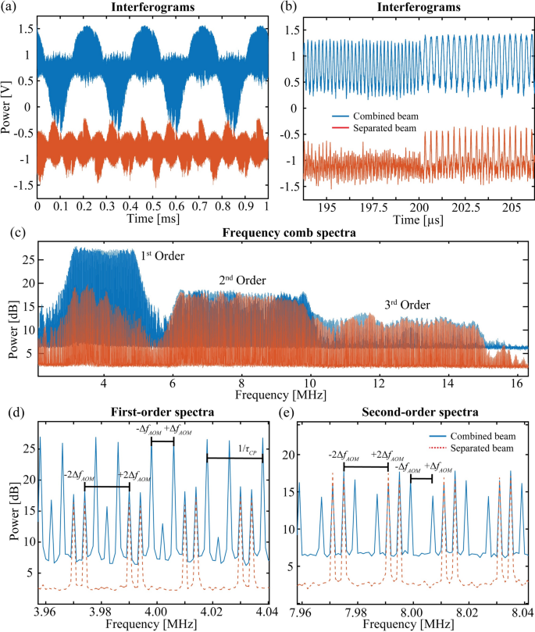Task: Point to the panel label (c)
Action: (10, 234)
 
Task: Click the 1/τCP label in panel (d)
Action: (250, 448)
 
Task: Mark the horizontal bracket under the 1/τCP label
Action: (234, 459)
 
